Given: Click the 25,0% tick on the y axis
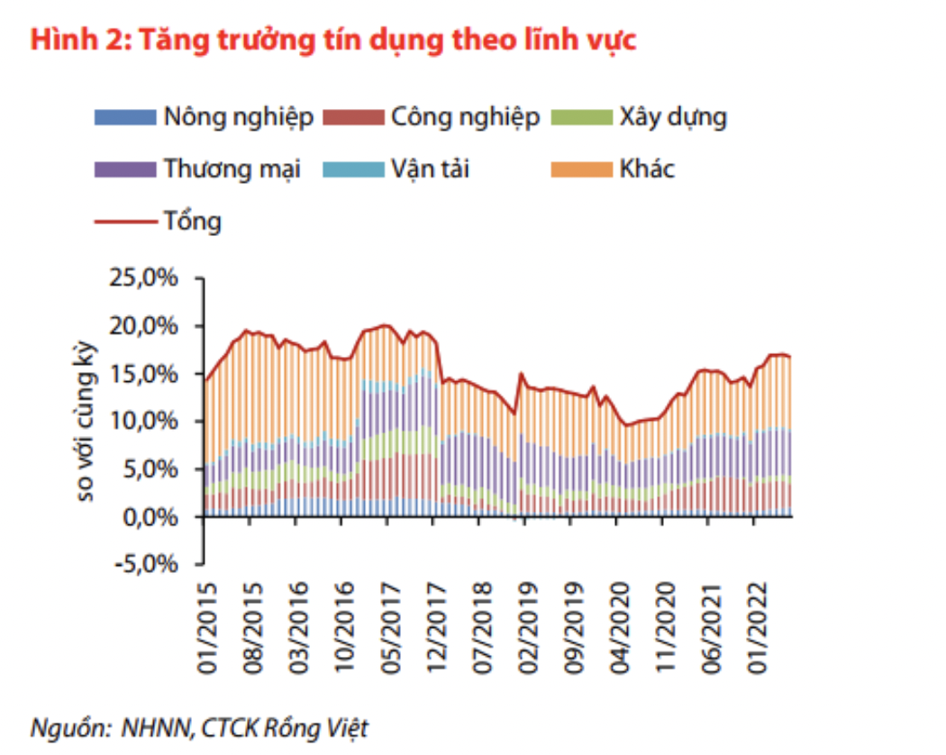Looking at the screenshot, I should [149, 278].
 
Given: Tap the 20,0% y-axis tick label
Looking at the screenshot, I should [149, 326].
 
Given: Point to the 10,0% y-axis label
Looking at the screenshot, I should [149, 422].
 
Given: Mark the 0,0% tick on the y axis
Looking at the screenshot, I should [155, 517].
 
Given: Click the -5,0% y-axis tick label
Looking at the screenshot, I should [150, 565].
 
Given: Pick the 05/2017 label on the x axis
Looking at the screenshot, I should [390, 626].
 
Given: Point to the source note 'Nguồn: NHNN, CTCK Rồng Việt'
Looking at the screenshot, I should [200, 727].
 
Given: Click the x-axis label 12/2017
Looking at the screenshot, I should [436, 626].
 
